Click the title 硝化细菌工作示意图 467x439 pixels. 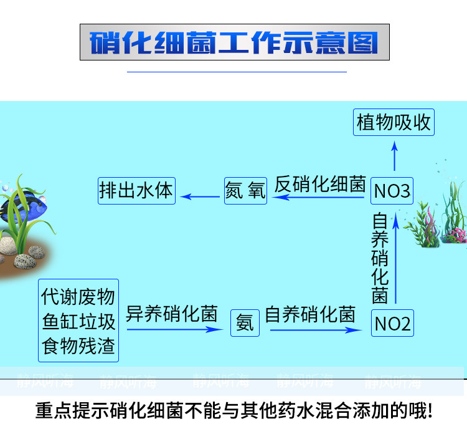click(234, 42)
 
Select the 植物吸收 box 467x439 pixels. click(394, 122)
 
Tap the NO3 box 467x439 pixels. click(392, 191)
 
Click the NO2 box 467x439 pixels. click(392, 324)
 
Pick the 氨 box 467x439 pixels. click(245, 324)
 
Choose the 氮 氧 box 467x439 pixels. click(245, 190)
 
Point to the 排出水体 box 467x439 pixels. click(136, 190)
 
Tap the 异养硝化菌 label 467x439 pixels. click(172, 314)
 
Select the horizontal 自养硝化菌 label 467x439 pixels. click(310, 314)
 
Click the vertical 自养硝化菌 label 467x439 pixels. click(380, 258)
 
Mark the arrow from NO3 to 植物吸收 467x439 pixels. click(394, 155)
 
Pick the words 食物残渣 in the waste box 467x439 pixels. click(78, 346)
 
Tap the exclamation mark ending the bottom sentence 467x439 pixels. click(429, 413)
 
